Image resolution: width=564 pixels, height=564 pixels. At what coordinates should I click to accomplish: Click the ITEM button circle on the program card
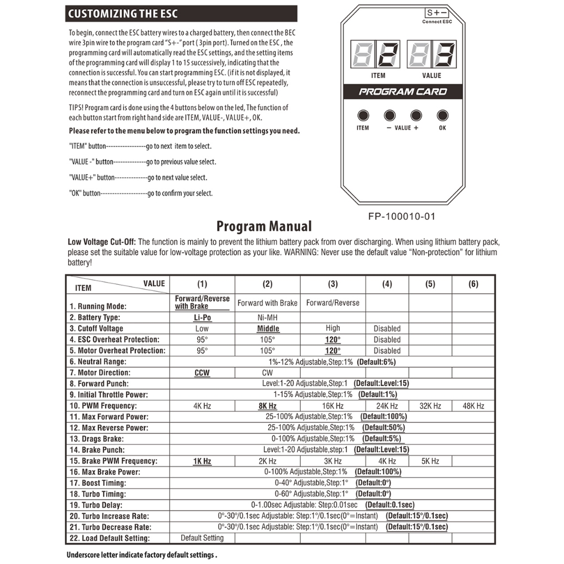coord(363,115)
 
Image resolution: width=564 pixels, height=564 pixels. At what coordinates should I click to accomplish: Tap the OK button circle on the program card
coord(442,115)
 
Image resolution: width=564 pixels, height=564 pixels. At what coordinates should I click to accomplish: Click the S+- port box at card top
coord(437,13)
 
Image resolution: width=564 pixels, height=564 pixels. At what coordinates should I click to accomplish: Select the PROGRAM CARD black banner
coord(403,91)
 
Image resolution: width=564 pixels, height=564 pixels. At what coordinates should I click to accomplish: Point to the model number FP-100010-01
coord(402,216)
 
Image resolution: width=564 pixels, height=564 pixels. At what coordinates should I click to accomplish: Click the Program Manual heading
coord(264,226)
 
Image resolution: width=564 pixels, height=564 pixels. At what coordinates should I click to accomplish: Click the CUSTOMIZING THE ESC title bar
coord(181,14)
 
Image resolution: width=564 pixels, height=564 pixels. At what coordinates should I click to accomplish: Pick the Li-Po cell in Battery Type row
coord(202,318)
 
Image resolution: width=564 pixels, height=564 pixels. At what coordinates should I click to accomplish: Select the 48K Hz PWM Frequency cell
coord(473,406)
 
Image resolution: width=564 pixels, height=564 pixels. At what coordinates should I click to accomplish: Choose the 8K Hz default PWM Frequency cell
coord(267,406)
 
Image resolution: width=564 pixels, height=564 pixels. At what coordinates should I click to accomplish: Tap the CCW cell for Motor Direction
coord(202,373)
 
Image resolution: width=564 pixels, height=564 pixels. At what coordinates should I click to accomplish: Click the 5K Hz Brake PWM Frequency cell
coord(430,461)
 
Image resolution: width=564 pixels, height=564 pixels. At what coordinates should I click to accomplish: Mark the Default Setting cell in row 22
coord(202,538)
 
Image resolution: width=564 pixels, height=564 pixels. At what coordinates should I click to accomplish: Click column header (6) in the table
coord(473,284)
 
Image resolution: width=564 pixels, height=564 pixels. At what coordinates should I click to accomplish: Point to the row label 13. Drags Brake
coord(97,439)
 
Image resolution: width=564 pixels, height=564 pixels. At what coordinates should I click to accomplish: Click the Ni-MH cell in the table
coord(267,318)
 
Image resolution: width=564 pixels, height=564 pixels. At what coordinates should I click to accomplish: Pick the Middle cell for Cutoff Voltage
coord(268,329)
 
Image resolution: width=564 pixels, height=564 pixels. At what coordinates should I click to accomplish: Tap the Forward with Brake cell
coord(267,302)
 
